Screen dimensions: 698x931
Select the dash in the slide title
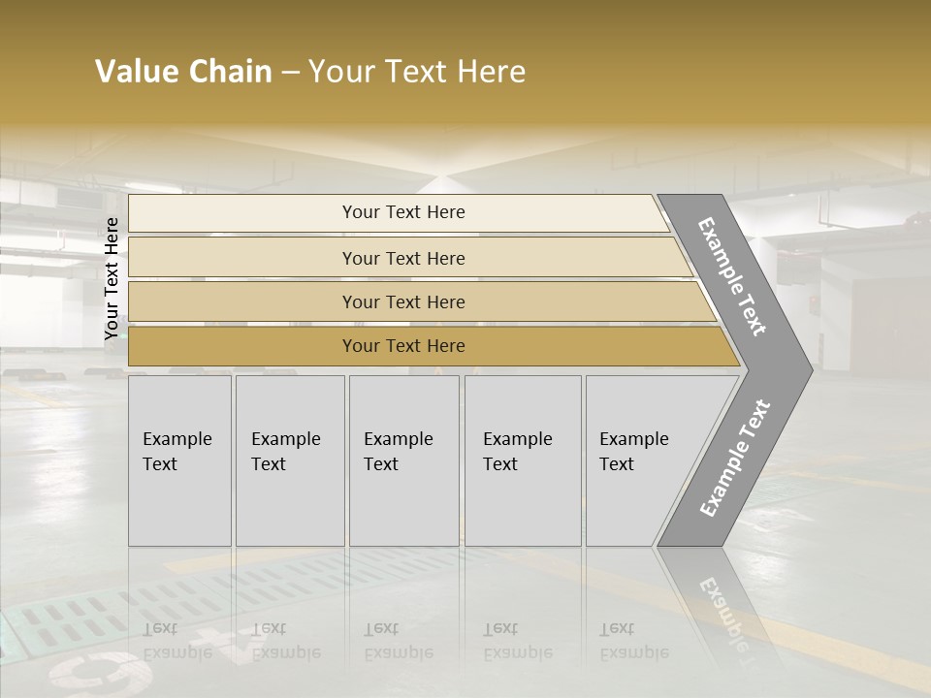click(x=290, y=73)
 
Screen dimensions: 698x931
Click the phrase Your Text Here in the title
click(x=417, y=72)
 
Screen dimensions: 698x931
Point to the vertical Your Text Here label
click(x=112, y=279)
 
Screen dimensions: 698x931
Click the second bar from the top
click(x=403, y=258)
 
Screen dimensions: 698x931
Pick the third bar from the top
click(x=403, y=301)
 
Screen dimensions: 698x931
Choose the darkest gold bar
click(x=403, y=346)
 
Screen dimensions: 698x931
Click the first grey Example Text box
click(x=179, y=460)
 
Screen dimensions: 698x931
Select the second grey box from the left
click(x=289, y=460)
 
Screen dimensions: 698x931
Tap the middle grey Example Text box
click(x=403, y=460)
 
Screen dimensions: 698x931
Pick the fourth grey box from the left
click(x=522, y=460)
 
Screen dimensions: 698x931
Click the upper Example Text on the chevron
click(x=732, y=276)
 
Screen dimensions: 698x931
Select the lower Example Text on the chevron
click(x=734, y=458)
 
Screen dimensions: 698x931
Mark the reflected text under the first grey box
click(x=177, y=640)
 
